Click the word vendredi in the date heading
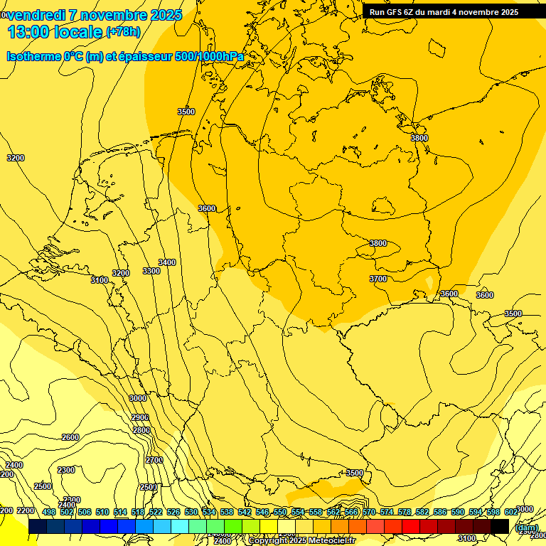point(36,15)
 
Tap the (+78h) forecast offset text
point(123,31)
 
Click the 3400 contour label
point(167,262)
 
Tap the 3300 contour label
point(151,271)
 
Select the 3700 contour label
point(378,279)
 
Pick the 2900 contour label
point(140,417)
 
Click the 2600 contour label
point(70,437)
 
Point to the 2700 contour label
point(154,460)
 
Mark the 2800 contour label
point(141,430)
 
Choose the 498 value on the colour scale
point(49,512)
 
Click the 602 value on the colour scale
point(511,512)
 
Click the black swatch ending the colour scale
point(500,525)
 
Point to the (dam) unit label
point(526,528)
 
